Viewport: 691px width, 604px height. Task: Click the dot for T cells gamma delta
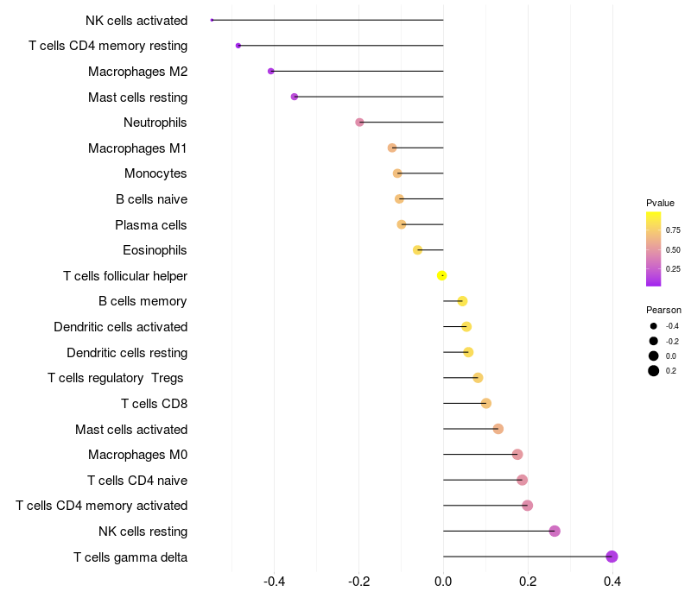pos(612,557)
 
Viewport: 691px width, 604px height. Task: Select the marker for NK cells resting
pos(555,531)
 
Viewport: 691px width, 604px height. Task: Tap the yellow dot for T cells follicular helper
pos(441,275)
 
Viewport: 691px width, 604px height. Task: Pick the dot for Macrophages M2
pos(271,71)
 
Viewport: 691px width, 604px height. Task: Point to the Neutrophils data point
pos(359,123)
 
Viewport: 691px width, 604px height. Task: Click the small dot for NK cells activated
pos(212,20)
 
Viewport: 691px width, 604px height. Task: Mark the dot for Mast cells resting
pos(295,97)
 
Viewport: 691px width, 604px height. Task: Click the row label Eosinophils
pos(155,250)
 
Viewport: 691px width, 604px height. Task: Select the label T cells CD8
pos(154,404)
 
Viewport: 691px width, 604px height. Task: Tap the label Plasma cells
pos(151,225)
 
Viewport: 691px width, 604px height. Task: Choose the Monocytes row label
pos(155,173)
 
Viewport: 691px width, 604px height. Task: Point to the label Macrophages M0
pos(137,455)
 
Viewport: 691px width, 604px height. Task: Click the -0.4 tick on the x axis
pos(274,582)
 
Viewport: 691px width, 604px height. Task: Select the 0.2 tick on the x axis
pos(528,582)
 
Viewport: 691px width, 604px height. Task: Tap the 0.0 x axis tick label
pos(443,582)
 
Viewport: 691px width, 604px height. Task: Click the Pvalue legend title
pos(660,203)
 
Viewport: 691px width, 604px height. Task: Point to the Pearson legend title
pos(663,310)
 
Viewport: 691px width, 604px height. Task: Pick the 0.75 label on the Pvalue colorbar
pos(673,230)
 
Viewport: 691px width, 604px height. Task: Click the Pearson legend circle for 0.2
pos(654,371)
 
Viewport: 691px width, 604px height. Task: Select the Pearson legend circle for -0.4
pos(654,326)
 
